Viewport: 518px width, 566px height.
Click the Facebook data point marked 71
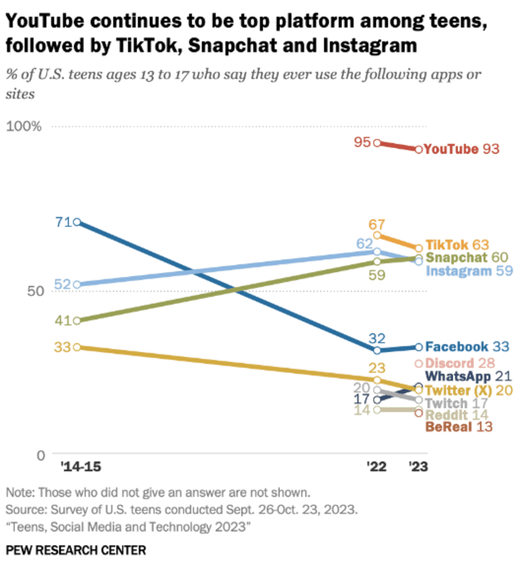[x=77, y=222]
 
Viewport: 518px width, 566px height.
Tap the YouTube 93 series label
[x=461, y=149]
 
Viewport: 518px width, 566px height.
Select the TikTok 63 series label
[x=457, y=245]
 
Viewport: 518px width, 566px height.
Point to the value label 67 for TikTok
[x=376, y=225]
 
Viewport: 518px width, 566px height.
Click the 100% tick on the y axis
[x=24, y=127]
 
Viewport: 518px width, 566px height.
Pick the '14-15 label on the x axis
[x=81, y=467]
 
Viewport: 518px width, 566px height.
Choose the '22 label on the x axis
[x=376, y=467]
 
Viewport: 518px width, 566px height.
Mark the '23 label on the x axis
[x=418, y=467]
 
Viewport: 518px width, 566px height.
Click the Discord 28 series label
[x=460, y=363]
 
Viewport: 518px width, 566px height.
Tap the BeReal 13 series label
[x=459, y=427]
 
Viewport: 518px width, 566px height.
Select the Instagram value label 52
[x=62, y=284]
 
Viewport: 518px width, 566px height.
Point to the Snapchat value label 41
[x=62, y=321]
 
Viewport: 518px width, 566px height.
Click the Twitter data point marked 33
[x=77, y=347]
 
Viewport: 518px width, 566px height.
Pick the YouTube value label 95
[x=362, y=142]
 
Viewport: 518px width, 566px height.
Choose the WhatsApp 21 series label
[x=468, y=376]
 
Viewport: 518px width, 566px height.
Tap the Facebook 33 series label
[x=467, y=347]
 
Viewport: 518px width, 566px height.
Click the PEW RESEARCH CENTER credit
[x=76, y=550]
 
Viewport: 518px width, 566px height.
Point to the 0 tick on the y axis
[x=41, y=455]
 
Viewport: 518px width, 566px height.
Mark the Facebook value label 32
[x=377, y=338]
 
